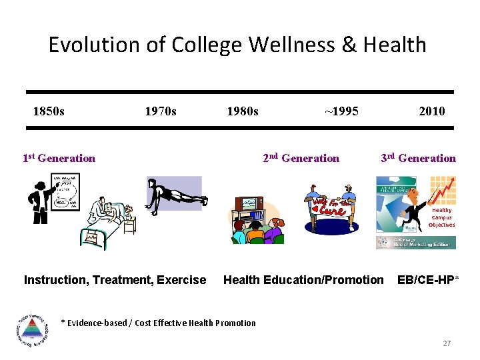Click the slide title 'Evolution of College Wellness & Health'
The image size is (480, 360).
(237, 45)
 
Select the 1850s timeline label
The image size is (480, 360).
(49, 111)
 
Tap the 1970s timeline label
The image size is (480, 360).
(161, 111)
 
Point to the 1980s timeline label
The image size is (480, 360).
(243, 111)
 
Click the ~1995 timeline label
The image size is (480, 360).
(341, 111)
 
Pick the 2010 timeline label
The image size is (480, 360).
(431, 111)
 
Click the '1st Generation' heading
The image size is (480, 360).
(59, 158)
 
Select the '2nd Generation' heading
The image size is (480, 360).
(301, 158)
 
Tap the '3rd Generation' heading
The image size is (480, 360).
(418, 158)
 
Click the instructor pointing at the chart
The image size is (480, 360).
(39, 198)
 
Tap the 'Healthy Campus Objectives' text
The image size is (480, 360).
(441, 217)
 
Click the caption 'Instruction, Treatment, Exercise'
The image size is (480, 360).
(115, 280)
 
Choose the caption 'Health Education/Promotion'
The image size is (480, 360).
(303, 280)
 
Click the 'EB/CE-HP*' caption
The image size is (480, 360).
(428, 280)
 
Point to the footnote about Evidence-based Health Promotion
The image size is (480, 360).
(158, 323)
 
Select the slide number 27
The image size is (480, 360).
(447, 343)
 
